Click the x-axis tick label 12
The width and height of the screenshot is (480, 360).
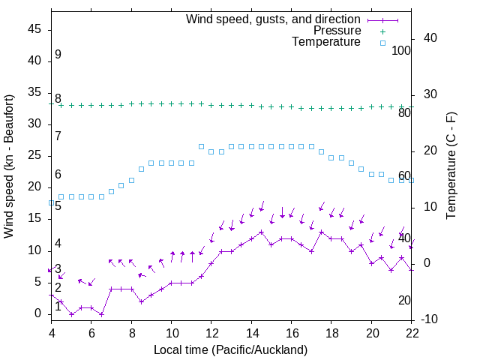tap(211, 333)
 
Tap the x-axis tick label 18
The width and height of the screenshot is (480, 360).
tap(332, 333)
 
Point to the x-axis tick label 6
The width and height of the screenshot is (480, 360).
tap(91, 333)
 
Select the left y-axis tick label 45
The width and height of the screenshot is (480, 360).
tap(36, 30)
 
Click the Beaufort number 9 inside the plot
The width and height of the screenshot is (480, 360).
tap(58, 55)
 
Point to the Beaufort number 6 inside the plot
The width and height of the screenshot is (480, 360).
tap(58, 175)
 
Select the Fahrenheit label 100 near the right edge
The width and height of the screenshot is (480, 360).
tap(401, 51)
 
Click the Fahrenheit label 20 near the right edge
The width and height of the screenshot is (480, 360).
tap(404, 301)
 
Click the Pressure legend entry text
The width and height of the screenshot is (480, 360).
tap(337, 31)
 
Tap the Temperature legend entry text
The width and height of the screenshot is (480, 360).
tap(326, 42)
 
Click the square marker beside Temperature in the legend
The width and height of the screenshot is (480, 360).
tap(382, 43)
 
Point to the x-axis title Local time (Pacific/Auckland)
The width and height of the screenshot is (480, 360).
tap(230, 349)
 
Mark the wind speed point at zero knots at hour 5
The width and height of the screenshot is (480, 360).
tap(71, 314)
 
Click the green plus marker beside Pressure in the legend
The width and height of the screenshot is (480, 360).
tap(382, 31)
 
